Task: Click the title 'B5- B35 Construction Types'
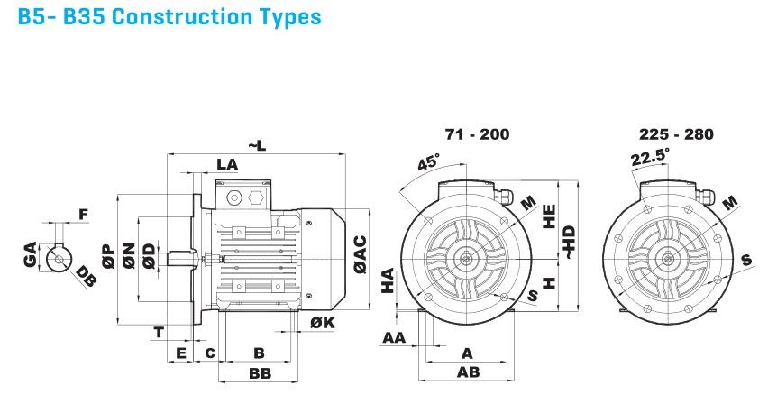(169, 18)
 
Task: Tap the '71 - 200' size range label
(477, 134)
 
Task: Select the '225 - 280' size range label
(676, 134)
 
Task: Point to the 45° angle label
(429, 163)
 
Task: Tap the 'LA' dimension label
(227, 164)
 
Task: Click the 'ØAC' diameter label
(360, 254)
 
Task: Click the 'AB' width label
(466, 372)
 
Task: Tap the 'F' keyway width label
(83, 215)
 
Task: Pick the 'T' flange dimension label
(159, 332)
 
